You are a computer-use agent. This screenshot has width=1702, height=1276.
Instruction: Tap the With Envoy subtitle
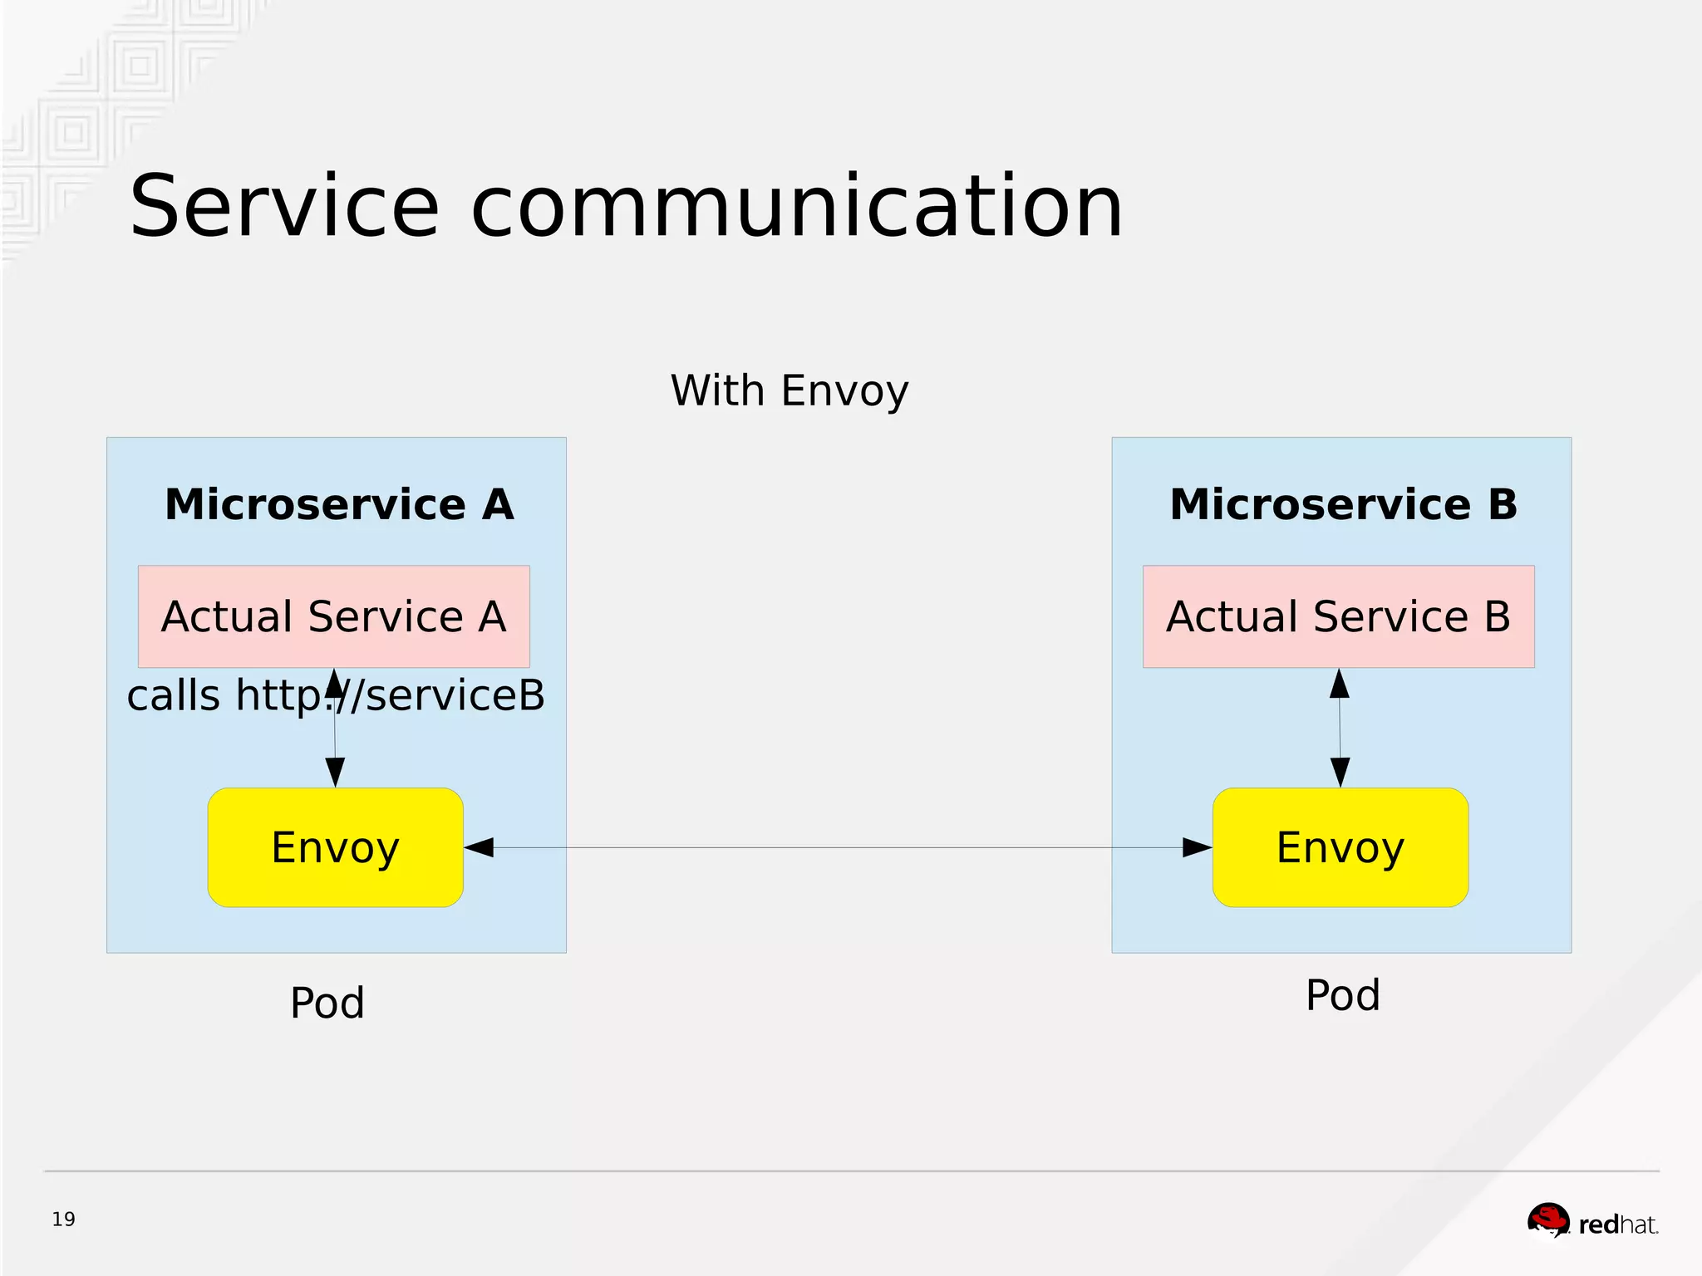(x=790, y=390)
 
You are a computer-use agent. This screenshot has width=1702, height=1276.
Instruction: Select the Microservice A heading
(x=339, y=504)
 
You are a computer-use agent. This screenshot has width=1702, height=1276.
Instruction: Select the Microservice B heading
(x=1343, y=504)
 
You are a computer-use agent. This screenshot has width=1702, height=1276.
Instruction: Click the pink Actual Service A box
(x=333, y=616)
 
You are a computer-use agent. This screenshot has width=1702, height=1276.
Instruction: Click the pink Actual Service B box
(x=1338, y=616)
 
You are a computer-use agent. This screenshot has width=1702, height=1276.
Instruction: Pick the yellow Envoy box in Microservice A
(x=335, y=847)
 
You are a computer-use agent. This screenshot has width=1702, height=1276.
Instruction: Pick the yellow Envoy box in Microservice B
(x=1340, y=847)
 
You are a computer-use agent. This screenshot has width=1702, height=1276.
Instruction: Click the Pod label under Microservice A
(x=327, y=1003)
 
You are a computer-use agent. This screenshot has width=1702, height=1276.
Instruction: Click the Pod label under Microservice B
(x=1342, y=995)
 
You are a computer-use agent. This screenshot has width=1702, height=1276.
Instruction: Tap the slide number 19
(x=63, y=1220)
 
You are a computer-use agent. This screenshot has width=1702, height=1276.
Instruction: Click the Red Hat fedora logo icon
(x=1547, y=1220)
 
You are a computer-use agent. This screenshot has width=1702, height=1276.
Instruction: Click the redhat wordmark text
(x=1617, y=1224)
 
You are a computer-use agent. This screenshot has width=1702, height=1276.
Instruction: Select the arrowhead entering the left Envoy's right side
(x=480, y=847)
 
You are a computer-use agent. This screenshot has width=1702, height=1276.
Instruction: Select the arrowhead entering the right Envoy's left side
(x=1197, y=847)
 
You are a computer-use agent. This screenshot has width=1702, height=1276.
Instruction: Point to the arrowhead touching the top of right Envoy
(x=1340, y=773)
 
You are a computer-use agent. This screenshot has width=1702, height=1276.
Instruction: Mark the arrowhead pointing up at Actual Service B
(x=1339, y=684)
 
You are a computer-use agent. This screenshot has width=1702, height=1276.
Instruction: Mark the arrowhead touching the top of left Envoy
(x=335, y=773)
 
